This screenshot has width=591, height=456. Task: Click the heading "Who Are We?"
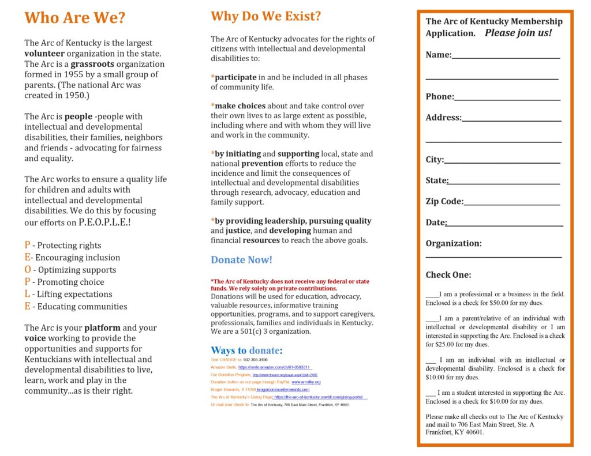click(x=74, y=18)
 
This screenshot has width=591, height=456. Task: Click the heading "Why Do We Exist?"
click(x=266, y=16)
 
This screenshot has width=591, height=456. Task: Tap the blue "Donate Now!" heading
click(x=241, y=260)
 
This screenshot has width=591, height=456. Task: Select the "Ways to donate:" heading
click(x=246, y=351)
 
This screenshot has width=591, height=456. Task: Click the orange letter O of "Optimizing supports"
click(x=28, y=270)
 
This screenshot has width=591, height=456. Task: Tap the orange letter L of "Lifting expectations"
click(x=27, y=294)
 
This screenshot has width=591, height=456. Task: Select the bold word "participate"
click(x=235, y=77)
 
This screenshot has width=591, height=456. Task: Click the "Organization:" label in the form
click(x=454, y=243)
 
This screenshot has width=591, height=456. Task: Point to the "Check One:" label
click(x=448, y=275)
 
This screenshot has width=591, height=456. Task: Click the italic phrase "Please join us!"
click(x=518, y=33)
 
